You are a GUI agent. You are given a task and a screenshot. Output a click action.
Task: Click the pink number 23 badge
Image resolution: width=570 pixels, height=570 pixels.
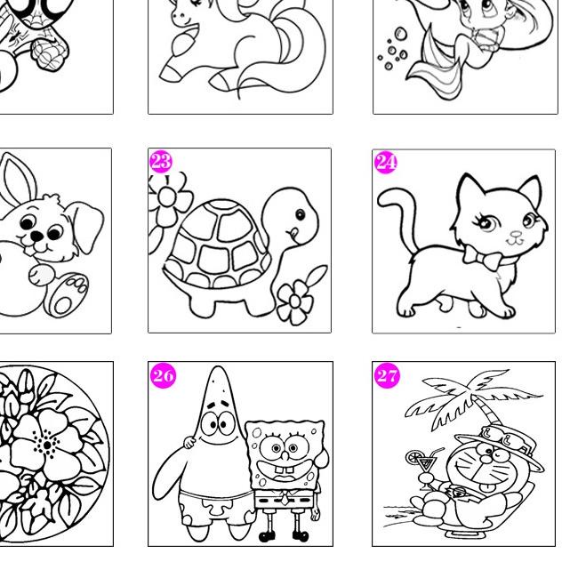(161, 162)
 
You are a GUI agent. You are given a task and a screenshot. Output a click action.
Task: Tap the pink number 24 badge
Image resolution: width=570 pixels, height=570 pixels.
(386, 162)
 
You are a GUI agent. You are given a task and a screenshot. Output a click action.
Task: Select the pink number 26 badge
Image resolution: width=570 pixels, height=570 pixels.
(163, 375)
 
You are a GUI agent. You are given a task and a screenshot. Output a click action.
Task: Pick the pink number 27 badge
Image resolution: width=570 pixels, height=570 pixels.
(387, 375)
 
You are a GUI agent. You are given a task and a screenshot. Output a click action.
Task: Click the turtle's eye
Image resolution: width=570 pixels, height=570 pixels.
(301, 215)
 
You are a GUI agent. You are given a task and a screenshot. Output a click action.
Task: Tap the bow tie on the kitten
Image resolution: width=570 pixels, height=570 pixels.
(481, 258)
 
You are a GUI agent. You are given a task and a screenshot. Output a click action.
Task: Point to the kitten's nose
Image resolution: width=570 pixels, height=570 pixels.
(516, 235)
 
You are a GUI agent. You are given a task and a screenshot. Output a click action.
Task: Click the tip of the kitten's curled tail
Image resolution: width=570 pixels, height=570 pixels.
(381, 199)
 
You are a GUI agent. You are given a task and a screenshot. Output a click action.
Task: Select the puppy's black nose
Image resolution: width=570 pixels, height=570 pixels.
(36, 237)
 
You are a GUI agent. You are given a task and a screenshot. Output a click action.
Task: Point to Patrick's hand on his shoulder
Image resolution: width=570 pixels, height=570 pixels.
(189, 442)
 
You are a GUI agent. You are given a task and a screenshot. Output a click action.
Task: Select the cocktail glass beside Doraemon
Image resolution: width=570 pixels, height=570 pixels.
(424, 469)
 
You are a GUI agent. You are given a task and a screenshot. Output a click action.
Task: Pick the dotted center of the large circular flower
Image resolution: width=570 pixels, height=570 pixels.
(47, 445)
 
